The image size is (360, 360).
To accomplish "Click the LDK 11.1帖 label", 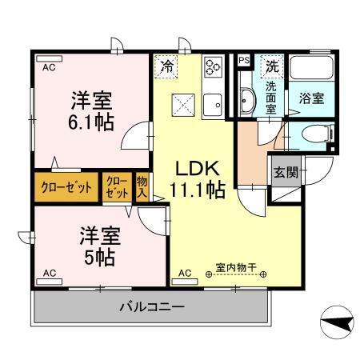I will pyautogui.click(x=198, y=179).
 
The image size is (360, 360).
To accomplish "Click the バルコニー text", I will pyautogui.click(x=153, y=306).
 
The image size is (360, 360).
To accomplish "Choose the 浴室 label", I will pyautogui.click(x=310, y=99).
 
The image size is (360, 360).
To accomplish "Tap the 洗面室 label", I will pyautogui.click(x=271, y=98).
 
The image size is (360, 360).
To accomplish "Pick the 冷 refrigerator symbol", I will pyautogui.click(x=167, y=66).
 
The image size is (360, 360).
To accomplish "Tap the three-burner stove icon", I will pyautogui.click(x=212, y=66).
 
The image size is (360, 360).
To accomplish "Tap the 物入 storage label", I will pyautogui.click(x=142, y=188).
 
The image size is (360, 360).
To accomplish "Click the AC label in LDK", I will pyautogui.click(x=185, y=273).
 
